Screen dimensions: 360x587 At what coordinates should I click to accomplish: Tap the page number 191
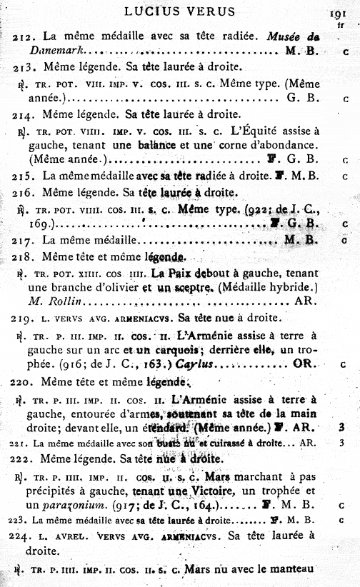click(338, 14)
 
